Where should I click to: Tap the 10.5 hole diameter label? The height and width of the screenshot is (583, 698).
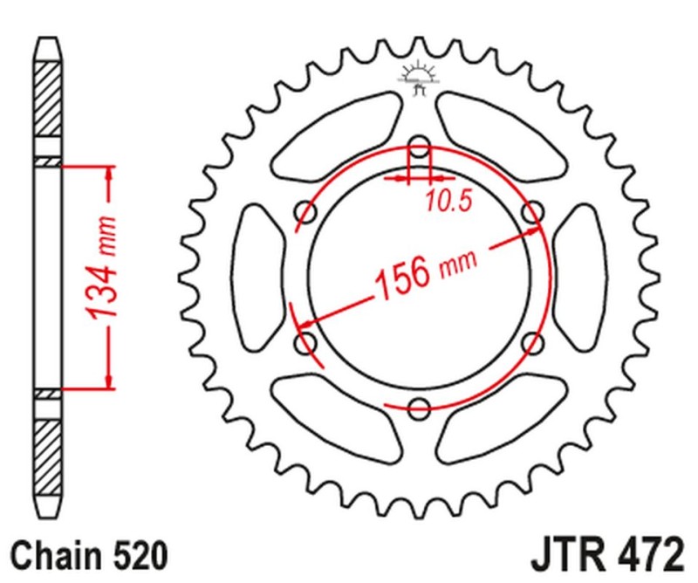pyautogui.click(x=448, y=202)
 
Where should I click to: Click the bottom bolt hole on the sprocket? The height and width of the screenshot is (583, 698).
pyautogui.click(x=420, y=406)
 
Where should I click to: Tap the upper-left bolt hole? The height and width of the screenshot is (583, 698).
pyautogui.click(x=306, y=211)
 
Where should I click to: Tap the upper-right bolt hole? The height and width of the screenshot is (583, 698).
pyautogui.click(x=532, y=211)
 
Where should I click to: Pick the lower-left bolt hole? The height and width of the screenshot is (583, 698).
pyautogui.click(x=306, y=342)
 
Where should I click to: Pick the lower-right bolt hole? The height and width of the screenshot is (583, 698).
pyautogui.click(x=532, y=342)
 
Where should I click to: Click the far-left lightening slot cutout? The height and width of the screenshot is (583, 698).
pyautogui.click(x=258, y=277)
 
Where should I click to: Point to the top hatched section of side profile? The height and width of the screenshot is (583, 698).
pyautogui.click(x=49, y=100)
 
